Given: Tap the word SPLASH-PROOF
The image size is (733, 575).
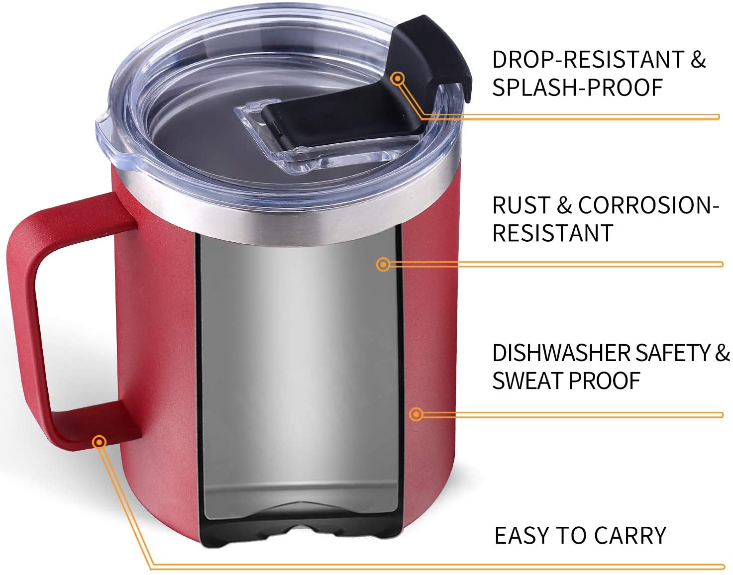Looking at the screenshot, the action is [x=578, y=88].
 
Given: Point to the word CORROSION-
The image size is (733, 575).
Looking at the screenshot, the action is [x=649, y=205].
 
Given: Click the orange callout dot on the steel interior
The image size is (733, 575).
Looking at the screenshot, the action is [x=383, y=265].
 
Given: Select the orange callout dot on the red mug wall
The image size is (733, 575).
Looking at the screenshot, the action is [x=416, y=414].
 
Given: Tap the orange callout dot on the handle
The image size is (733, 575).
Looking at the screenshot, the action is [x=99, y=442].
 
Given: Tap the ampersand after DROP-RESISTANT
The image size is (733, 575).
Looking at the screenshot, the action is [x=698, y=60].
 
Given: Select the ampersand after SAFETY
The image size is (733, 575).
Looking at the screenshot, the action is [x=722, y=353].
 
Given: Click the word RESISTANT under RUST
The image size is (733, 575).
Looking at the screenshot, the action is [x=552, y=233].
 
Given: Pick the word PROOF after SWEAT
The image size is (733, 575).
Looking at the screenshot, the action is [x=605, y=381].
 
